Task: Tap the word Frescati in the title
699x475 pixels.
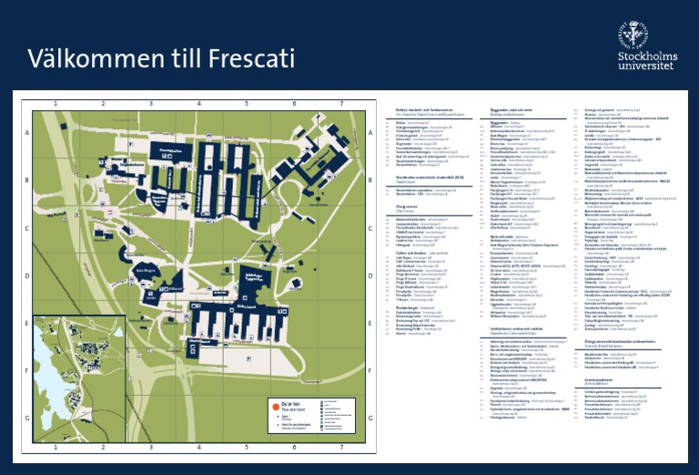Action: click(246, 59)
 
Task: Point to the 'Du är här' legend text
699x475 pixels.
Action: click(289, 401)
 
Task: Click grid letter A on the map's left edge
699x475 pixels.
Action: click(27, 133)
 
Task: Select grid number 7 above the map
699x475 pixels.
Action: click(341, 102)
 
